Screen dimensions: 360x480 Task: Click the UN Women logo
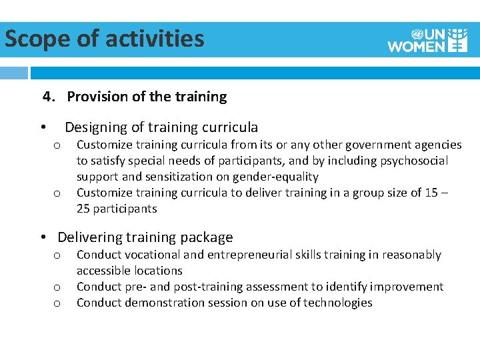tap(427, 40)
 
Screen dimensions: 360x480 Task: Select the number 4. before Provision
tap(49, 97)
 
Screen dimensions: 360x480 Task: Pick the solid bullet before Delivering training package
tap(42, 238)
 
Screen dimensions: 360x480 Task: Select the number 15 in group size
tap(431, 193)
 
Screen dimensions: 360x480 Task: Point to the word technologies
tap(337, 303)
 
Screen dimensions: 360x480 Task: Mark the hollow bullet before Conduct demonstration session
tap(57, 303)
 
